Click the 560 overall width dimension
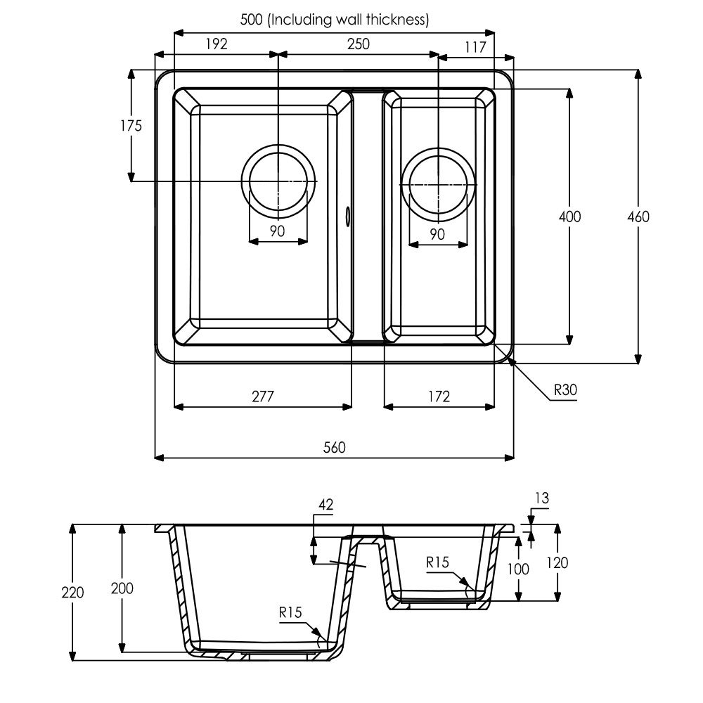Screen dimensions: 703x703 click(x=335, y=447)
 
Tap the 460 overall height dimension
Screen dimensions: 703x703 click(x=638, y=217)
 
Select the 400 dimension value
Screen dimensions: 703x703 click(x=570, y=217)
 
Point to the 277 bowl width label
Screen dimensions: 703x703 click(x=263, y=396)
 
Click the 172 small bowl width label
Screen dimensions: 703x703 click(x=439, y=396)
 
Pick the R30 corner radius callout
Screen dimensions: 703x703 click(x=565, y=389)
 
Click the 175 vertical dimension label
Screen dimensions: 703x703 click(x=131, y=126)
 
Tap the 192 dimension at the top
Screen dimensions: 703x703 click(x=217, y=44)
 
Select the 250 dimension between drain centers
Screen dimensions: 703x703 click(x=359, y=44)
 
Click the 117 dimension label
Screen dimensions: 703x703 click(x=476, y=47)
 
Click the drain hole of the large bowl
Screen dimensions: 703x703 click(x=278, y=181)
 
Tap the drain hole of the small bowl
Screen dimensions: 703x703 click(x=439, y=184)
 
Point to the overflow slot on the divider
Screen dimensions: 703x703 click(x=347, y=215)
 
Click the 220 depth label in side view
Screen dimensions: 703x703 click(x=72, y=592)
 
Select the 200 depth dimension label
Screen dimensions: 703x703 click(x=122, y=588)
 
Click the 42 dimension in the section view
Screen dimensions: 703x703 click(x=326, y=505)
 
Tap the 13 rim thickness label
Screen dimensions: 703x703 click(x=542, y=498)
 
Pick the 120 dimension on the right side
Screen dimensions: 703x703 click(x=557, y=562)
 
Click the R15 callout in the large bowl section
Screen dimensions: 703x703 click(x=290, y=612)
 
